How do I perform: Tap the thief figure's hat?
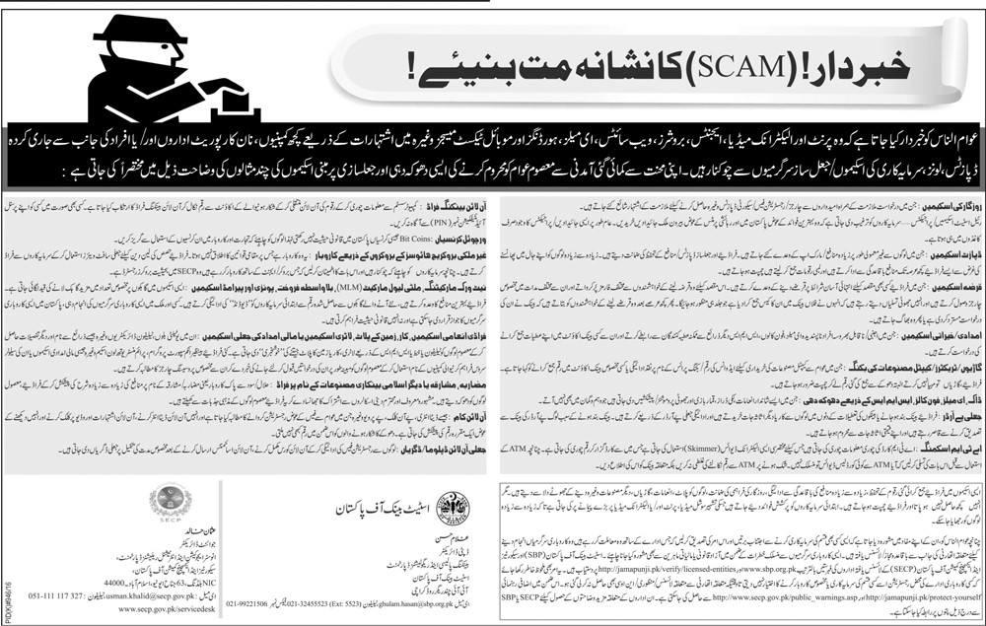[133, 30]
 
